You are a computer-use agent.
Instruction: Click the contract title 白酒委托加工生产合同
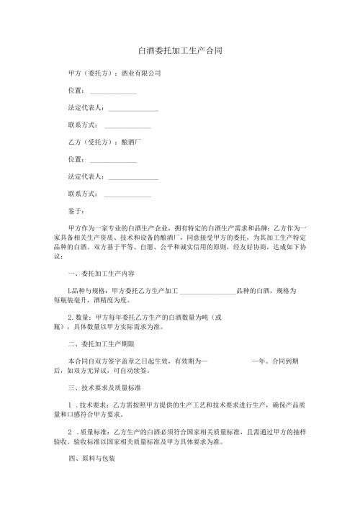[x=179, y=52]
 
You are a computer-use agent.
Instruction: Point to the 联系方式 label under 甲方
[x=83, y=126]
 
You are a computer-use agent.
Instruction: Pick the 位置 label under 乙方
[x=76, y=160]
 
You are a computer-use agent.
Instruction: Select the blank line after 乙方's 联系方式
[x=127, y=195]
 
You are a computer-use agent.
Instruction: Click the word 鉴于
[x=76, y=212]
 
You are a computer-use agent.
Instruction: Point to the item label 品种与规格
[x=89, y=291]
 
